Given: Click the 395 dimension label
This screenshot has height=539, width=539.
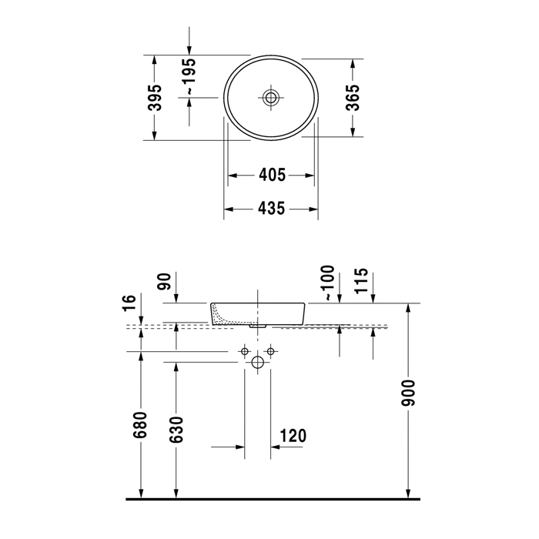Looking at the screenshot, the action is (155, 98).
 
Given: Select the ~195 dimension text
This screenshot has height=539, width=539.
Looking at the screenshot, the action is (189, 76).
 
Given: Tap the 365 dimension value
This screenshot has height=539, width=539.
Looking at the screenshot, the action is (353, 98).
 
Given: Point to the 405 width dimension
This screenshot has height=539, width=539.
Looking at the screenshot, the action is (272, 176).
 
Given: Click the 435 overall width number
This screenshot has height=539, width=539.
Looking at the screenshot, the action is (272, 209).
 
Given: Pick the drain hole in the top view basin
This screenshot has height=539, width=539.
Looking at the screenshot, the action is (271, 98).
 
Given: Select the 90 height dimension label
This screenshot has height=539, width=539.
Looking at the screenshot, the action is (164, 282).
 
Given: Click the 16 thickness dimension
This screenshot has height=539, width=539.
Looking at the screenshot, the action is (129, 303).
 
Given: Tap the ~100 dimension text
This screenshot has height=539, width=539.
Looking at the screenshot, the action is (327, 283).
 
